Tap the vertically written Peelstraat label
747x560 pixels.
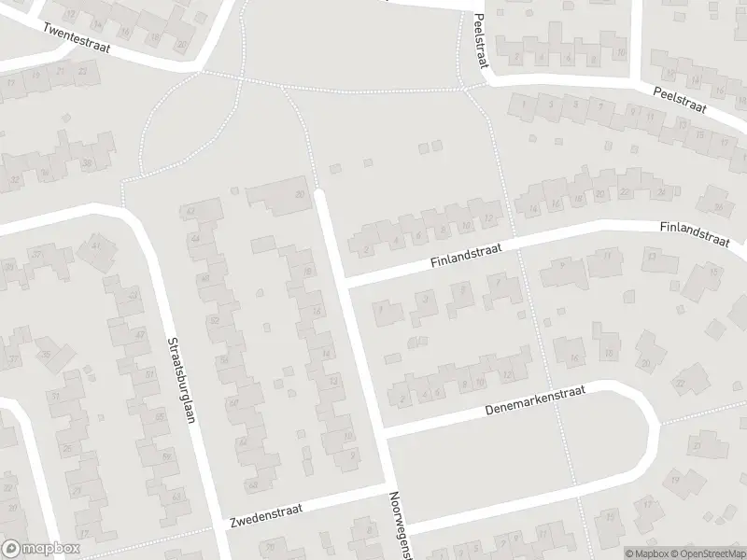[x=482, y=42]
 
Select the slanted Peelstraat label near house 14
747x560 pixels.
[x=681, y=100]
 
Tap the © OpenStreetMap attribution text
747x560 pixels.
[x=712, y=553]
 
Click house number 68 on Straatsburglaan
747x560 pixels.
[x=251, y=485]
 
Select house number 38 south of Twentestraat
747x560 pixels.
[x=87, y=163]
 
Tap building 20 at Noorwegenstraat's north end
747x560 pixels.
[x=300, y=194]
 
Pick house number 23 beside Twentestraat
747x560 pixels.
[x=85, y=71]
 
